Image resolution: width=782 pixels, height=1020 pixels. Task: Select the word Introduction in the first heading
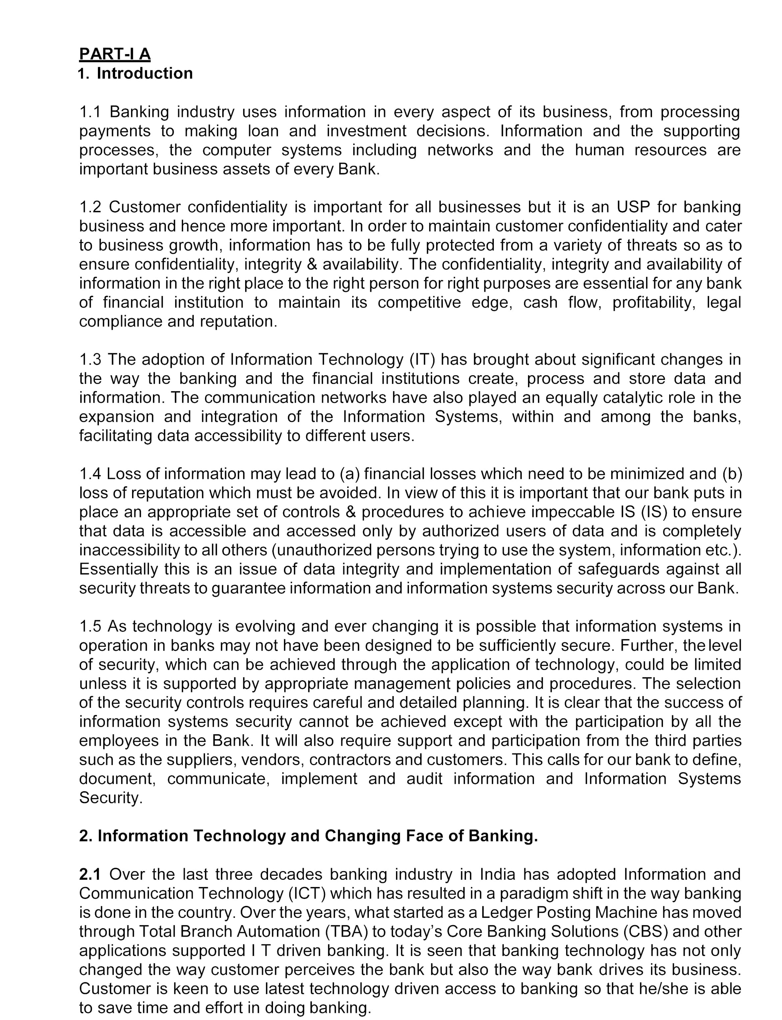tap(144, 74)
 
